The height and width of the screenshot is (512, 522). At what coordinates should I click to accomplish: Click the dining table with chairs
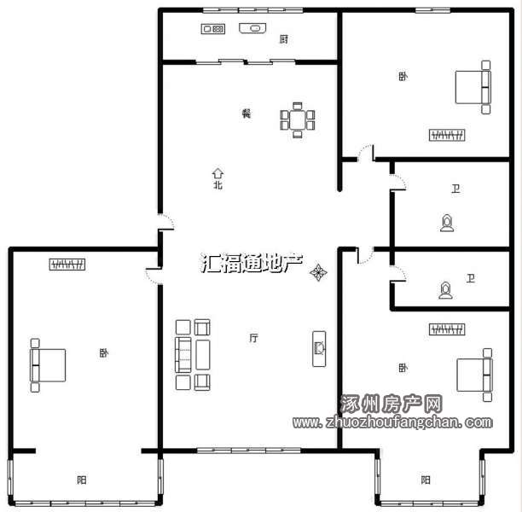coord(298,120)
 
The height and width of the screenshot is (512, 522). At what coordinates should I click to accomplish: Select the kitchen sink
coord(252,28)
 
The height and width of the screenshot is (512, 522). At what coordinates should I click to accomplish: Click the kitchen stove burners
coord(213,29)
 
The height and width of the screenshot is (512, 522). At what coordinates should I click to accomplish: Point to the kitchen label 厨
coord(284,39)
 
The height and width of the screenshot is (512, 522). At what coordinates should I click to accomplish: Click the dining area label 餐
coord(246,113)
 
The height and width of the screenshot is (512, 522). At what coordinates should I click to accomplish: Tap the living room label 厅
coord(253,338)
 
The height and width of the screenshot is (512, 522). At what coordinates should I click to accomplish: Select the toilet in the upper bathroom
coord(447,223)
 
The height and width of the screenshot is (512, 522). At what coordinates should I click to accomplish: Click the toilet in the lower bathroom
coord(445,290)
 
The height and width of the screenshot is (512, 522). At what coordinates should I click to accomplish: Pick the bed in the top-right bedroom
coord(473,87)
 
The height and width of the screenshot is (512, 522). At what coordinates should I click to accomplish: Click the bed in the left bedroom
coord(48,365)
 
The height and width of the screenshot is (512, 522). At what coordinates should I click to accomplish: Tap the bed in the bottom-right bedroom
coord(474,375)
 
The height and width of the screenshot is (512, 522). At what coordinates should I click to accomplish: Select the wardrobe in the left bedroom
coord(67,265)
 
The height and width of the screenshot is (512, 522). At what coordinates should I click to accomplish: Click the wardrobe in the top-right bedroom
coord(447,135)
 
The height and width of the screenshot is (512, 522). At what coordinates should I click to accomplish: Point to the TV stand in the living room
coord(319,349)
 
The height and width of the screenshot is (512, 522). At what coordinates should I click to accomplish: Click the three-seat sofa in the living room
coord(183,354)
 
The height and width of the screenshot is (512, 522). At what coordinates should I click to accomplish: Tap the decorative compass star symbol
coord(318,272)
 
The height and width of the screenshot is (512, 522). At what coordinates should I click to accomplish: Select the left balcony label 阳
coord(82,480)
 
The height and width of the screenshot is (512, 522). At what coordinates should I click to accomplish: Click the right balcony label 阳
coord(426,480)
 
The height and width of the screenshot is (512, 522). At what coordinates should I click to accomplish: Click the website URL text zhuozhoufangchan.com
coord(392,422)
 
